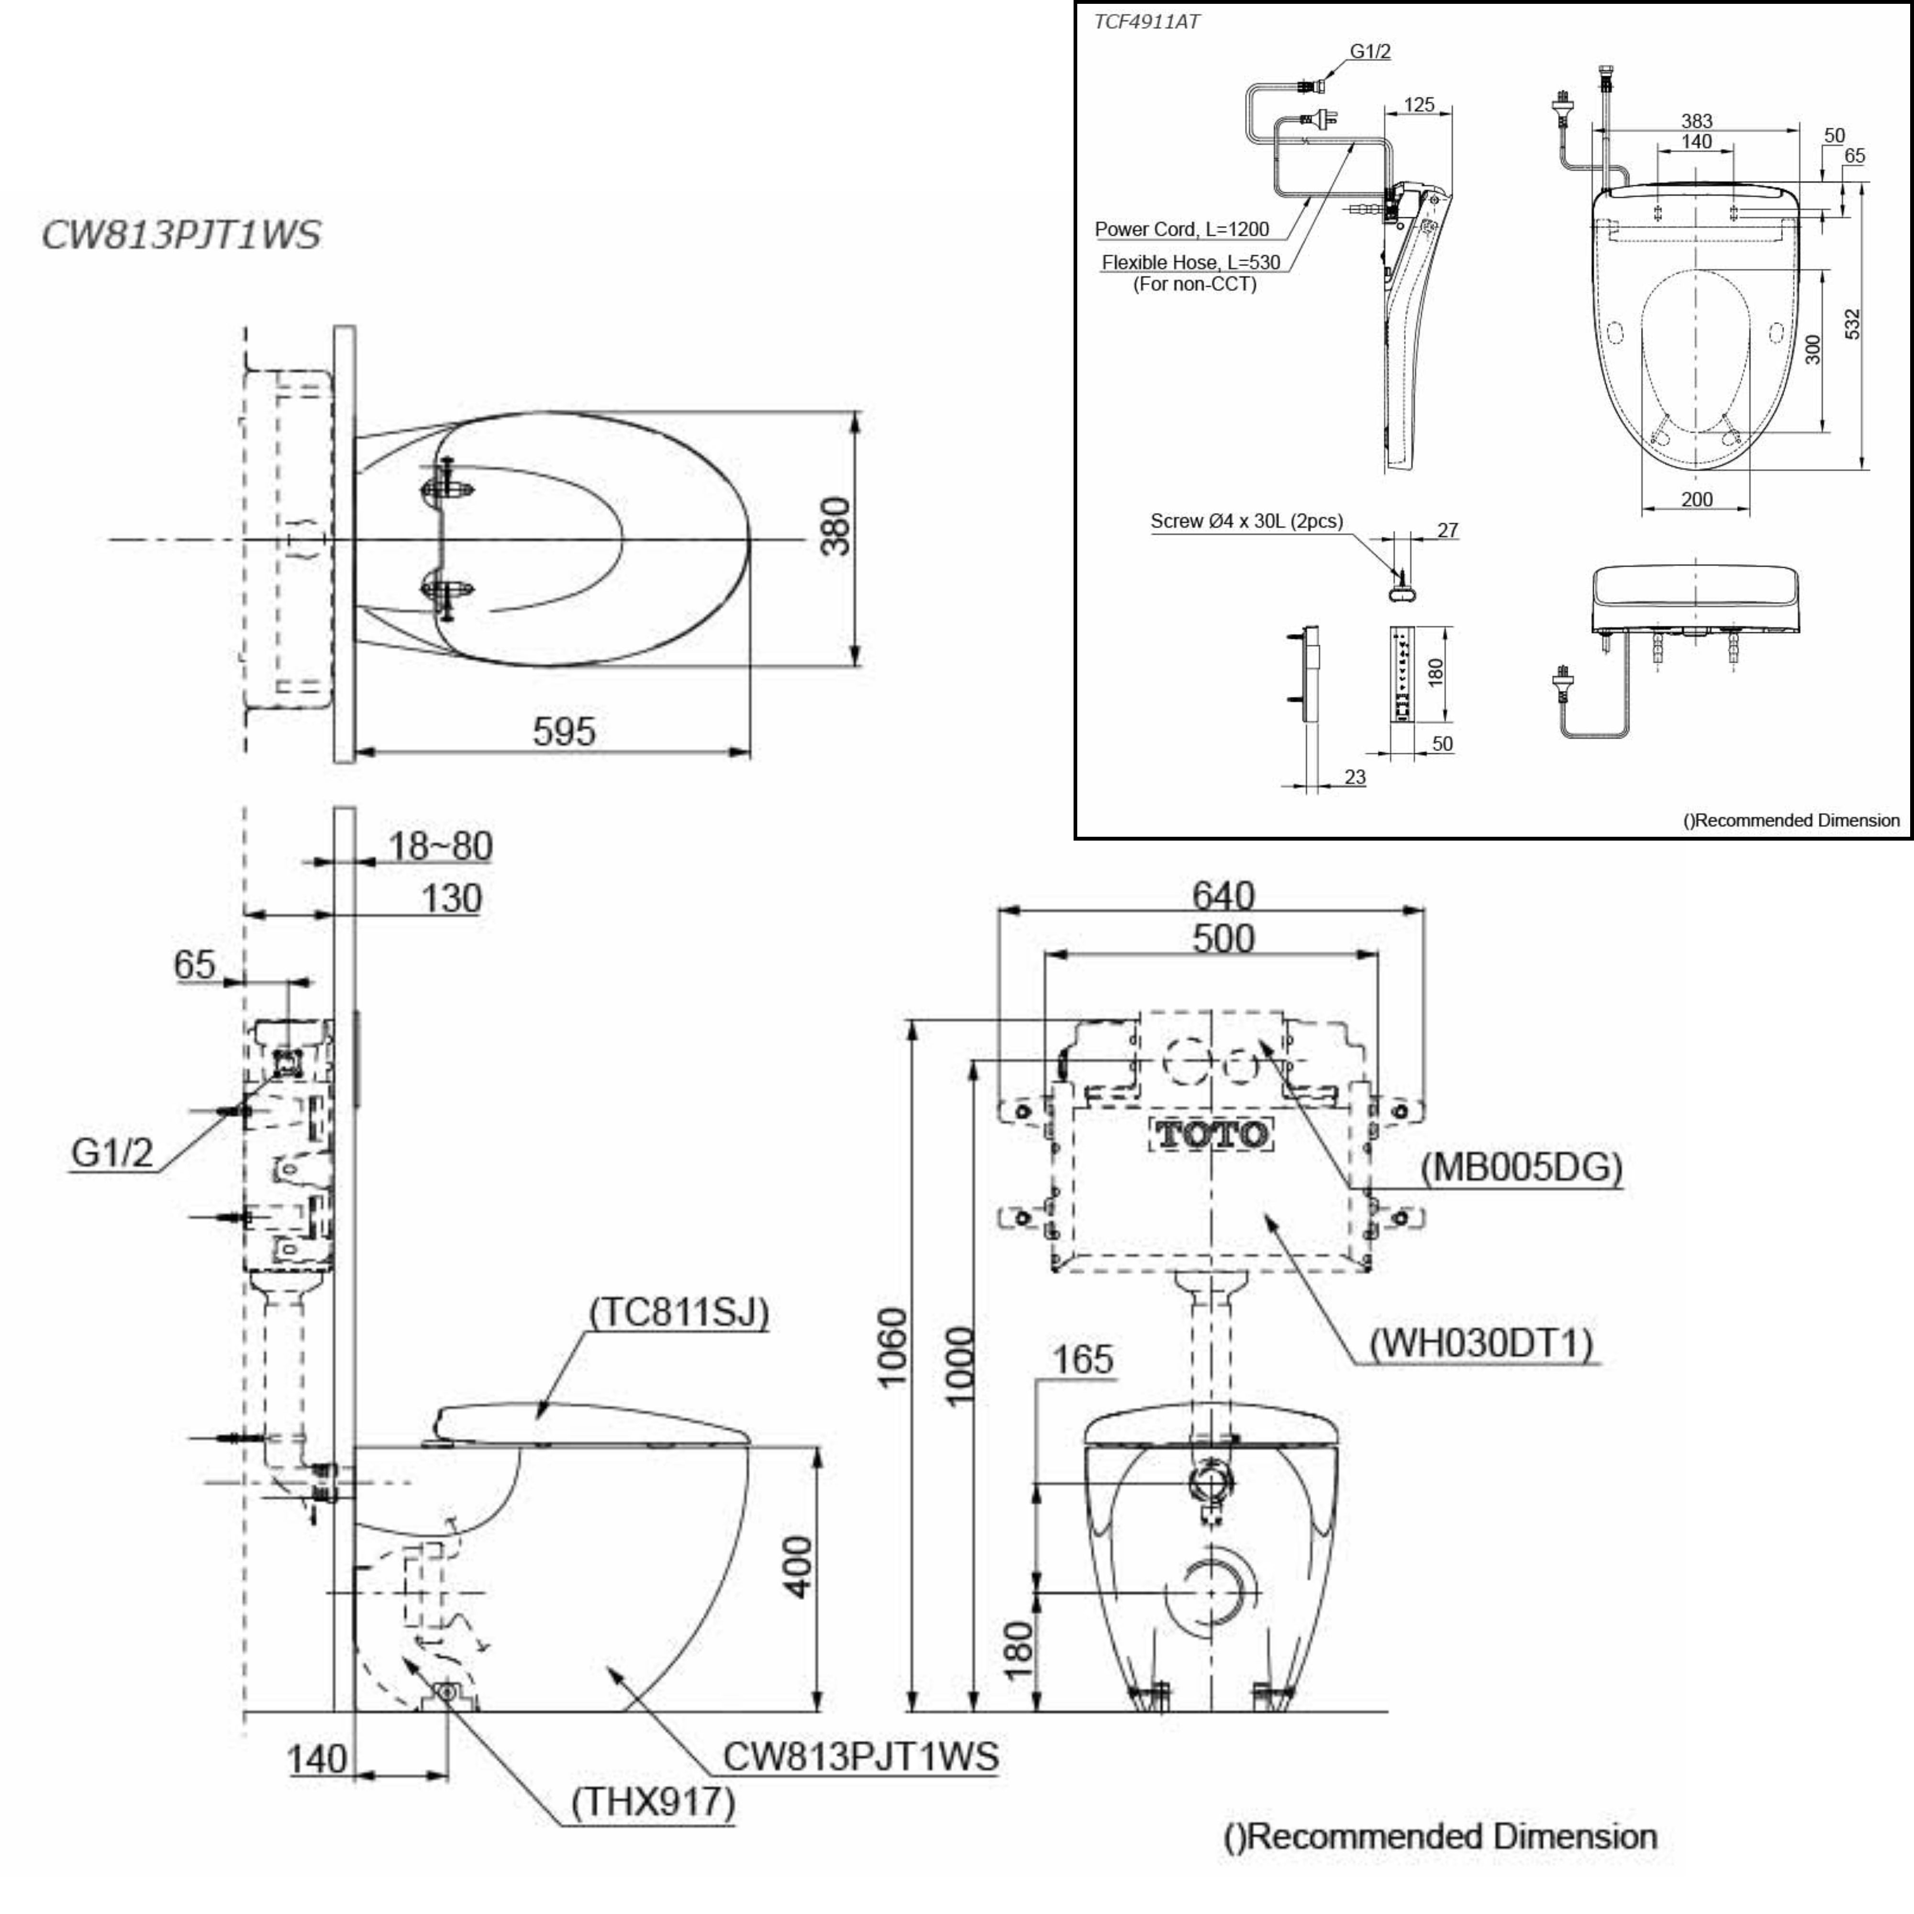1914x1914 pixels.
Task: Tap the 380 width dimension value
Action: click(837, 526)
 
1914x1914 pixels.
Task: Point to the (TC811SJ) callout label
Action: click(679, 1313)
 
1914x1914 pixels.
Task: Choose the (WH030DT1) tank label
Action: click(1481, 1345)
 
